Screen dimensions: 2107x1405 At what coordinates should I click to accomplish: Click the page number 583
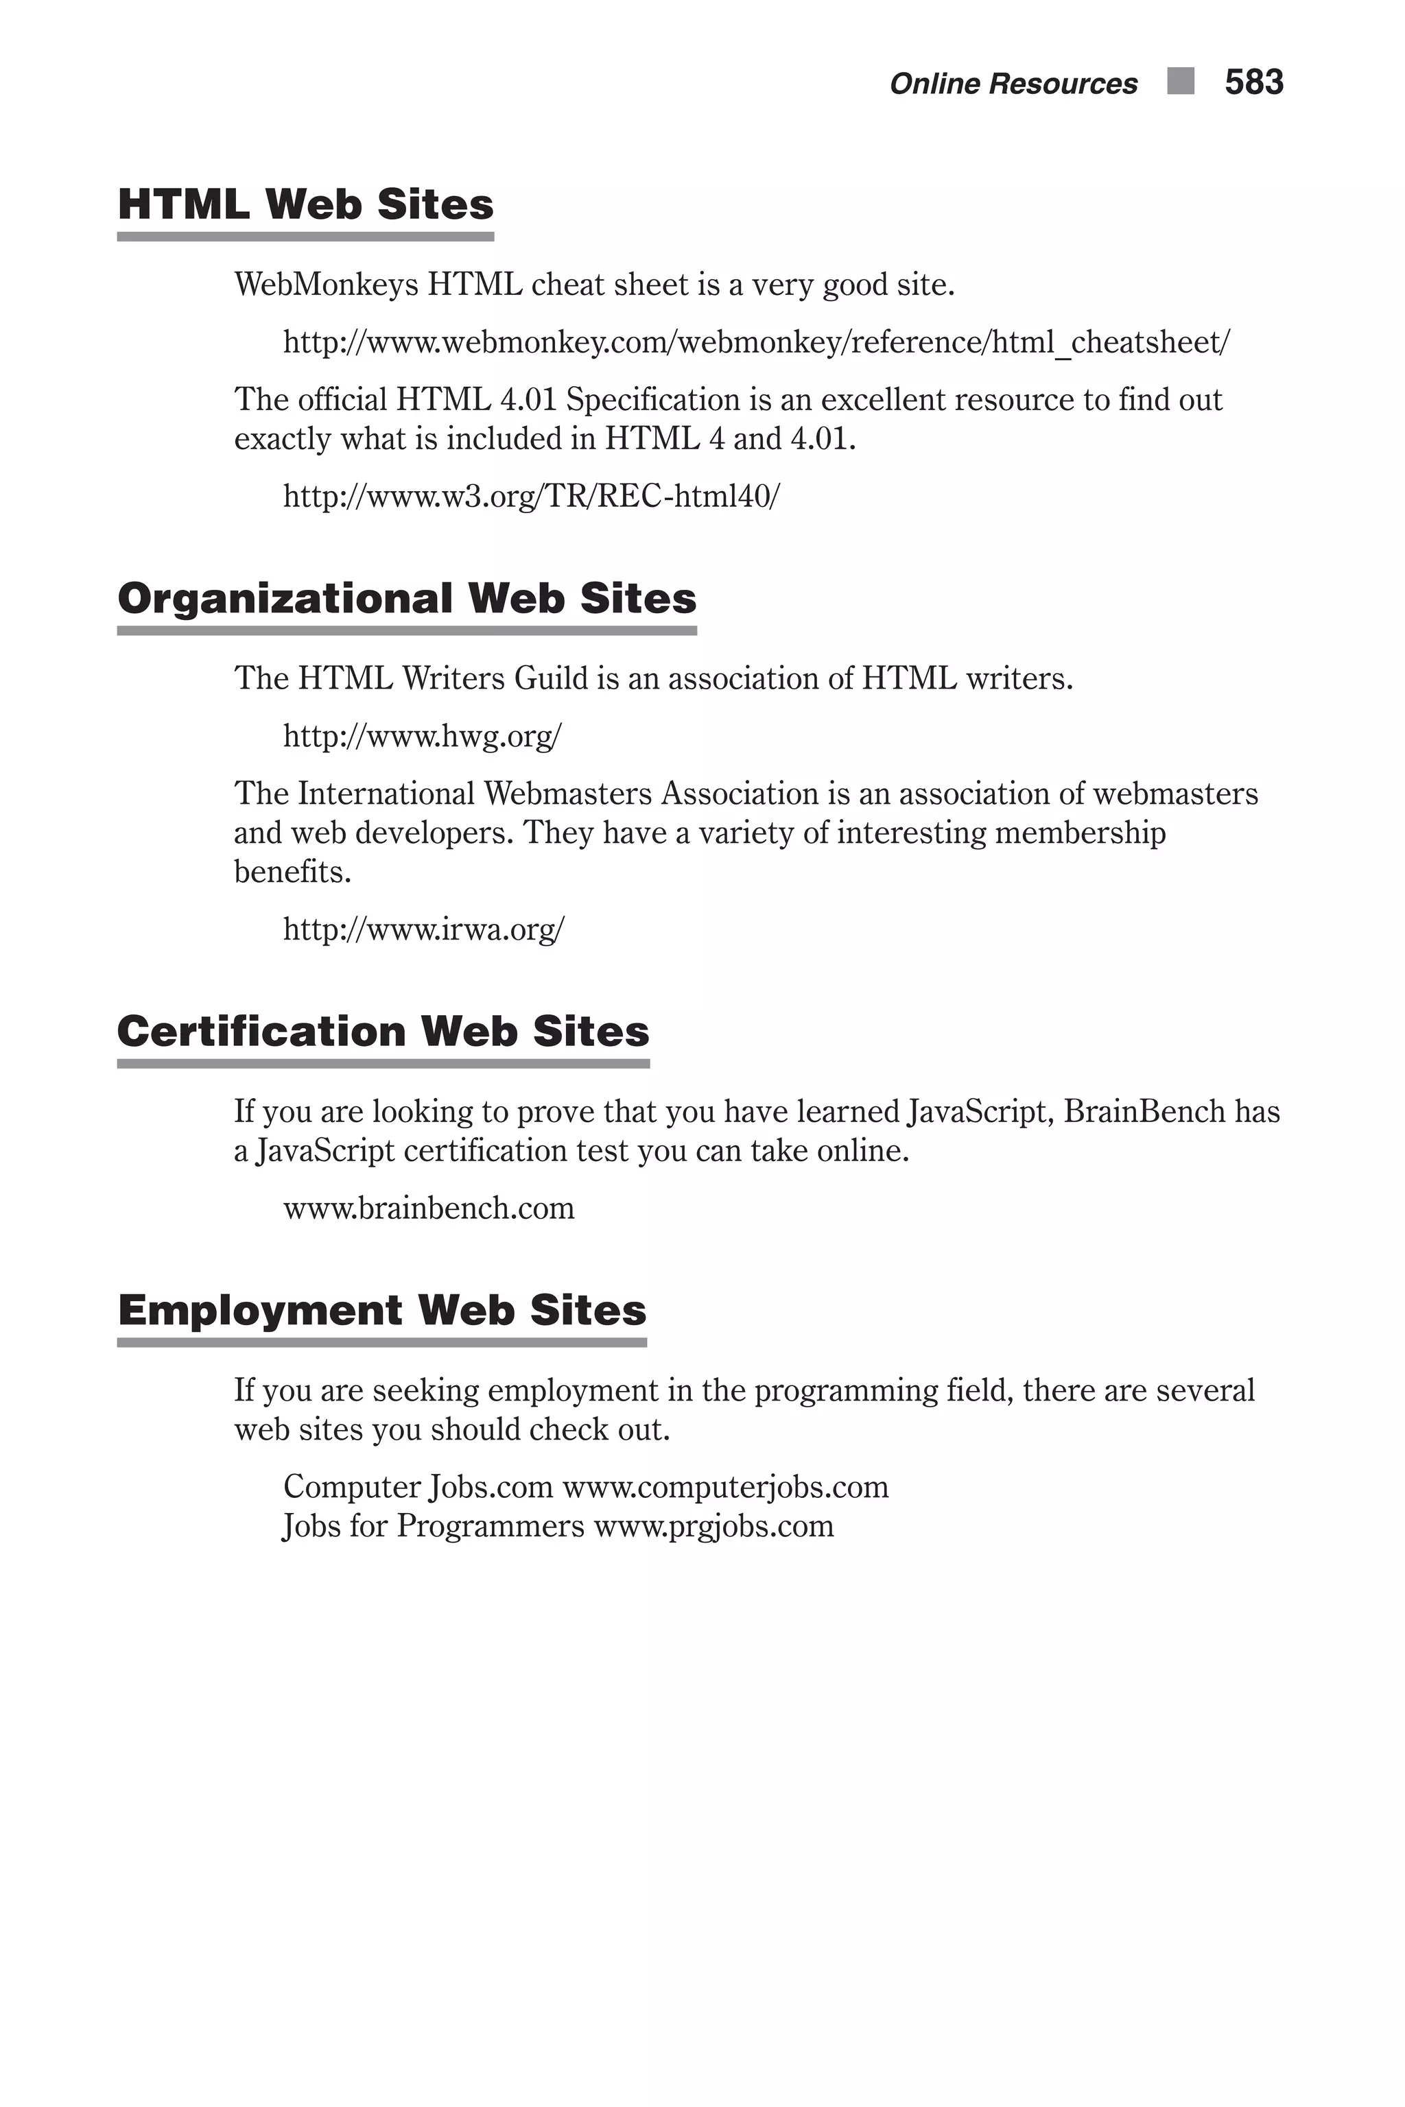pos(1253,82)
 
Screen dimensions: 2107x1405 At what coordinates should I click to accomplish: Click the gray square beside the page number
pos(1181,82)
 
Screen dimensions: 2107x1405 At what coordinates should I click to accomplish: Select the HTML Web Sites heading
pos(305,204)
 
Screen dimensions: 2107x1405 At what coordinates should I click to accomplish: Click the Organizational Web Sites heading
pos(407,598)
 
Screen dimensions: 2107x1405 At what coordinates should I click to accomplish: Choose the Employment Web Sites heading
pos(381,1310)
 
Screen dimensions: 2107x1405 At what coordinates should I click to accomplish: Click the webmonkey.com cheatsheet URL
pos(756,342)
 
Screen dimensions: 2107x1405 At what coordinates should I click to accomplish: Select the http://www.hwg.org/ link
pos(422,737)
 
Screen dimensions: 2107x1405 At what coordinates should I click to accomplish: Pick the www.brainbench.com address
pos(428,1209)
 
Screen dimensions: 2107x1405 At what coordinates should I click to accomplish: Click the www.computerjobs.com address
pos(725,1487)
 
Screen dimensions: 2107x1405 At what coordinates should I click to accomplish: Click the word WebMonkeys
pos(326,285)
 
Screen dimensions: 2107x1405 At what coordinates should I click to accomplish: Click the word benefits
pos(292,872)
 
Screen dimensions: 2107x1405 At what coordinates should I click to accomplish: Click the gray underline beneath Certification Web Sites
pos(383,1064)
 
